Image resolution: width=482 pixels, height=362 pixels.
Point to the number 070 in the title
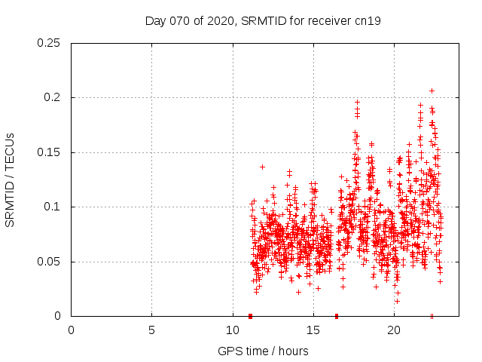178,21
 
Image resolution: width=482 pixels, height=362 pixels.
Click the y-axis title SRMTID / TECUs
10,179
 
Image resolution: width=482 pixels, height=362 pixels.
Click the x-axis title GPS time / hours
263,351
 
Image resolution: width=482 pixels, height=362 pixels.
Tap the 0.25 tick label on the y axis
50,43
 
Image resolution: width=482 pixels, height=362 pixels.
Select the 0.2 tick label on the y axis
53,97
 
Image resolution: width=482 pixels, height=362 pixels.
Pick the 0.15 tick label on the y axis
50,152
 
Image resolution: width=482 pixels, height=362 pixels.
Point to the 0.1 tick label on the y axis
53,207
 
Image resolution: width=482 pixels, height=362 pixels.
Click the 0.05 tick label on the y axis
50,262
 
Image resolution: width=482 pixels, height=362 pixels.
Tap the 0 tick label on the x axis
71,330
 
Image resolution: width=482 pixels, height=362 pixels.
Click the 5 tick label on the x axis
151,330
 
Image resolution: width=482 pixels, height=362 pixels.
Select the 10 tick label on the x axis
232,330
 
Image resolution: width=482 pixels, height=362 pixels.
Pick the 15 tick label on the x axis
313,330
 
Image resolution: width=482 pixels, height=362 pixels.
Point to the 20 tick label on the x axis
393,330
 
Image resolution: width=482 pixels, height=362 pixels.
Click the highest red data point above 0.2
432,90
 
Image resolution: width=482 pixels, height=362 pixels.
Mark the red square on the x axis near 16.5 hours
337,316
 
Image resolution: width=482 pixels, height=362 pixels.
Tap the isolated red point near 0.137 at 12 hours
262,167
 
